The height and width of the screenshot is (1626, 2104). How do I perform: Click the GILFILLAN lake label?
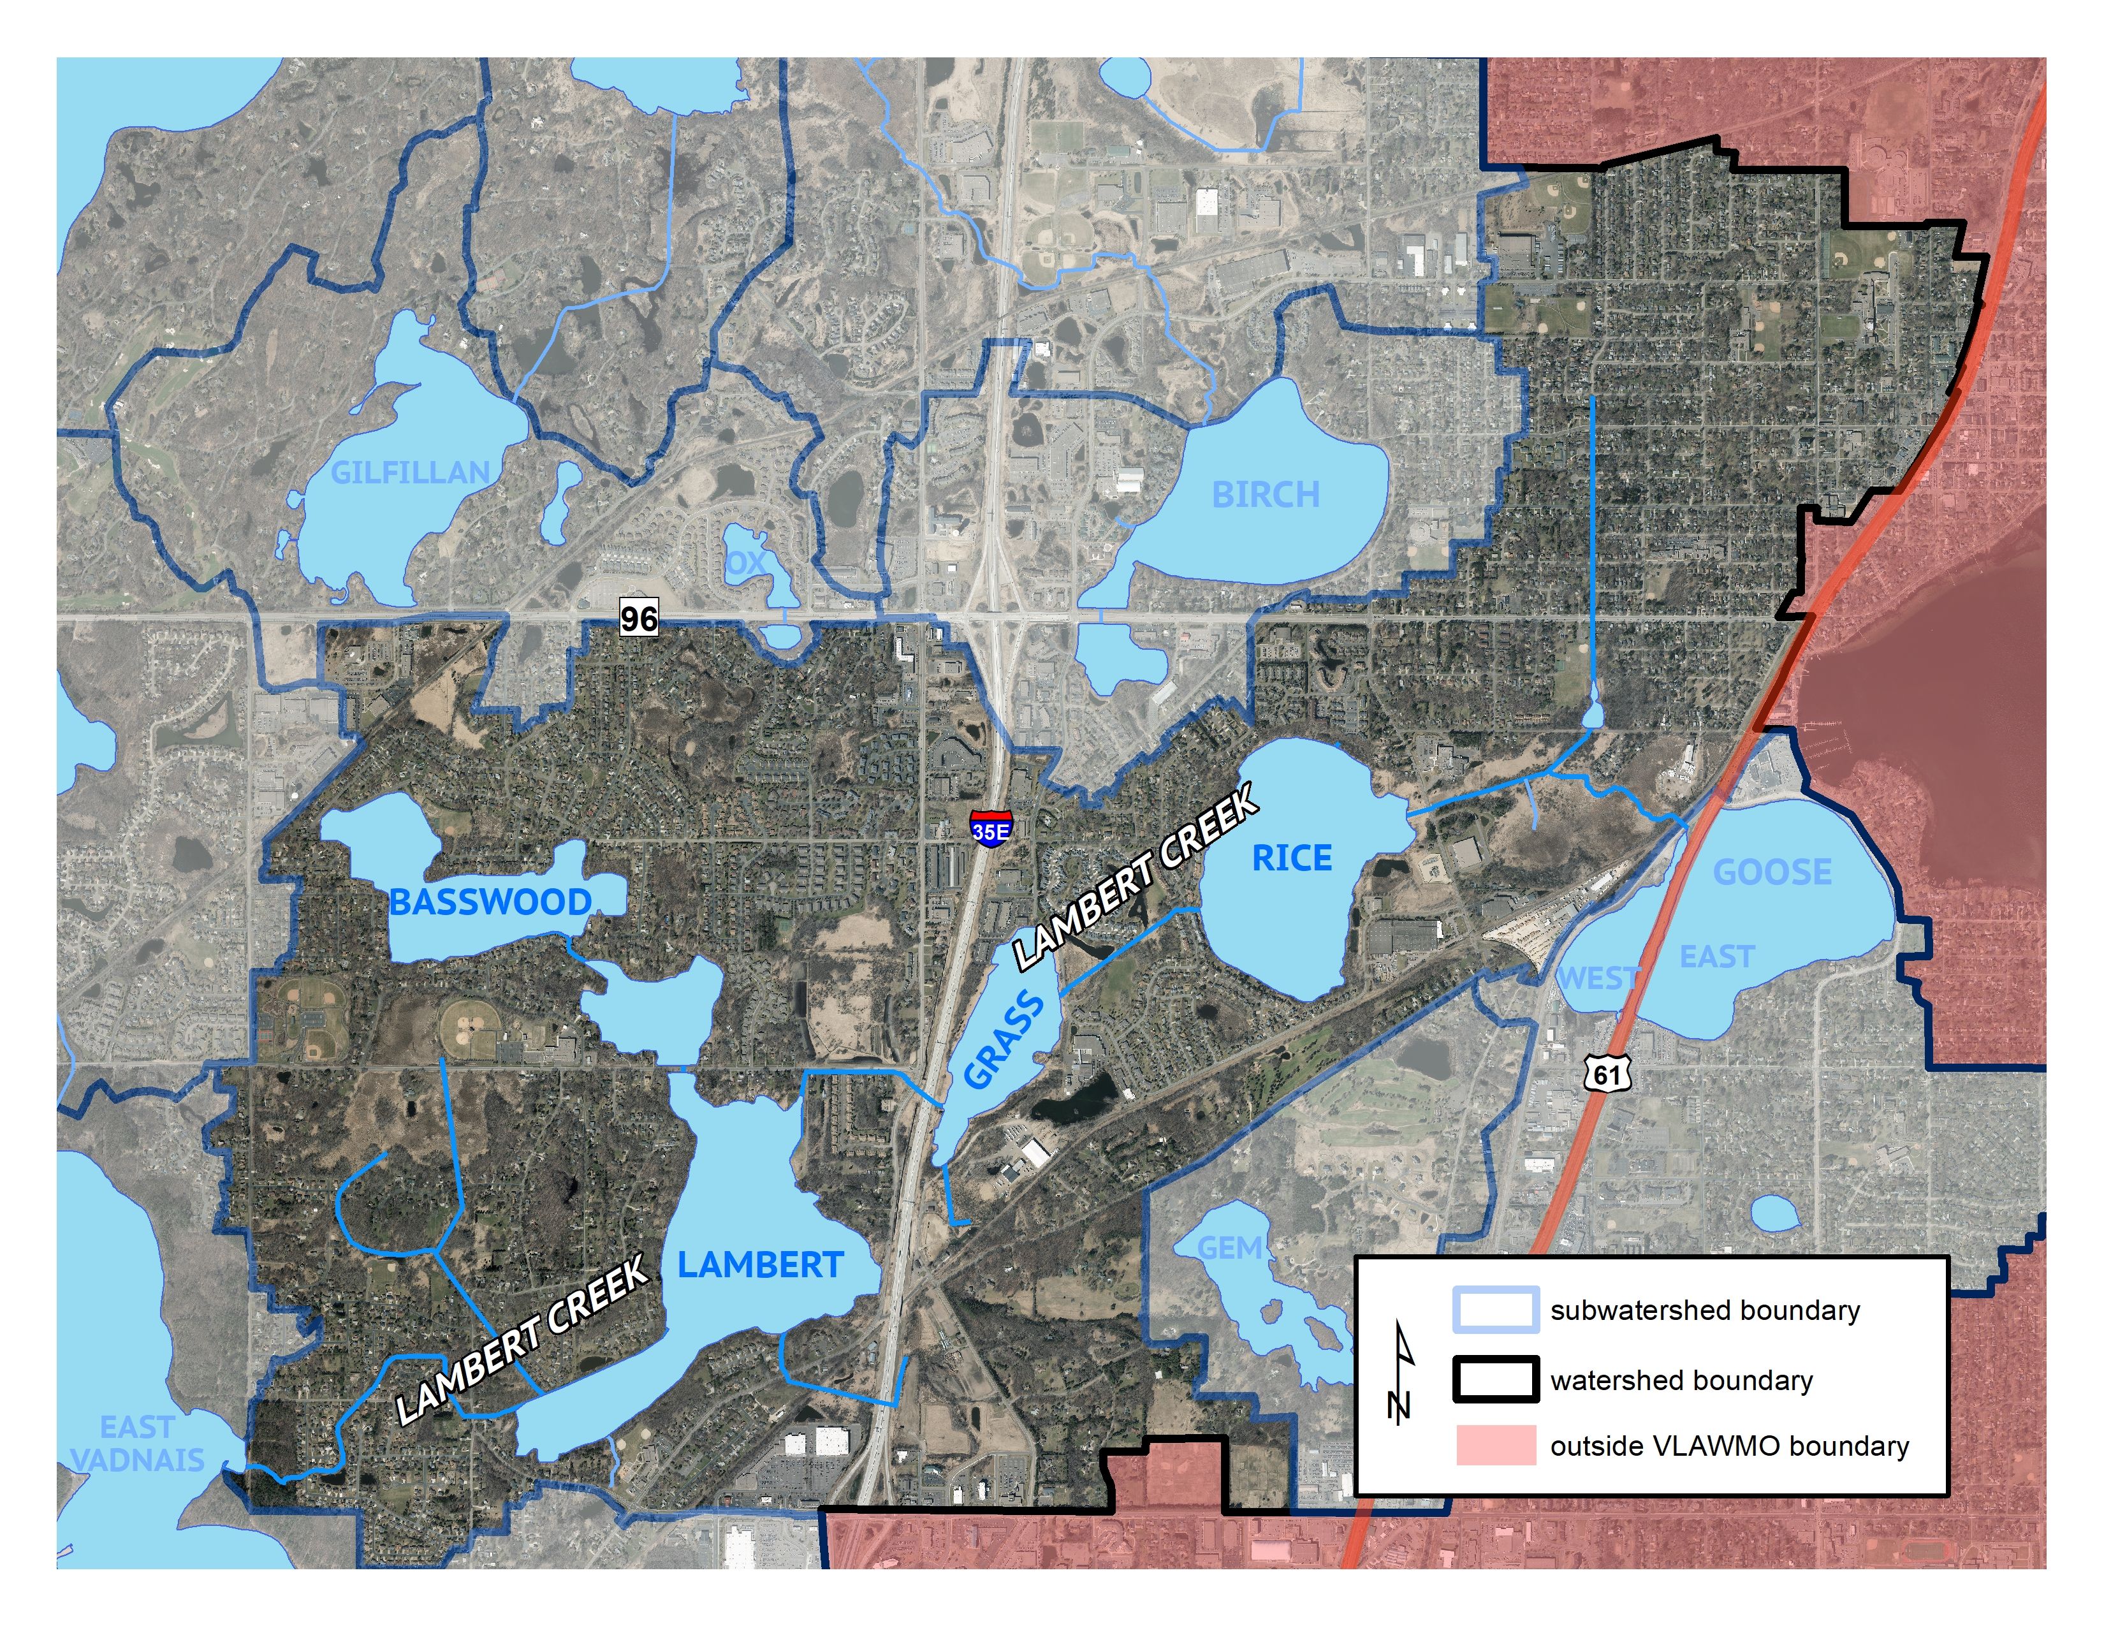pyautogui.click(x=411, y=473)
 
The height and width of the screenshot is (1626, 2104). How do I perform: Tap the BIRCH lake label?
pyautogui.click(x=1265, y=495)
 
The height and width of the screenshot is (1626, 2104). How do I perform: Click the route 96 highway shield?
pyautogui.click(x=639, y=617)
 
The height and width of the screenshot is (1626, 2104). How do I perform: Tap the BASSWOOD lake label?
pyautogui.click(x=490, y=902)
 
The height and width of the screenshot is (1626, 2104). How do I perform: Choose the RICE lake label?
pyautogui.click(x=1291, y=858)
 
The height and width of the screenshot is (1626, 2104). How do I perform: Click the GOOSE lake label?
pyautogui.click(x=1772, y=873)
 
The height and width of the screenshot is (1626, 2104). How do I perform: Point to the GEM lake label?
pyautogui.click(x=1229, y=1249)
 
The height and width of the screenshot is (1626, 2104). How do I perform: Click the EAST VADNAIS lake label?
pyautogui.click(x=138, y=1443)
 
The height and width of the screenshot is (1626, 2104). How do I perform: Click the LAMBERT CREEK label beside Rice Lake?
pyautogui.click(x=1137, y=877)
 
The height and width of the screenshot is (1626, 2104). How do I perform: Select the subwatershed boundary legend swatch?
pyautogui.click(x=1495, y=1311)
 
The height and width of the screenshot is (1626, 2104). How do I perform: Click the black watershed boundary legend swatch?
pyautogui.click(x=1495, y=1381)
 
